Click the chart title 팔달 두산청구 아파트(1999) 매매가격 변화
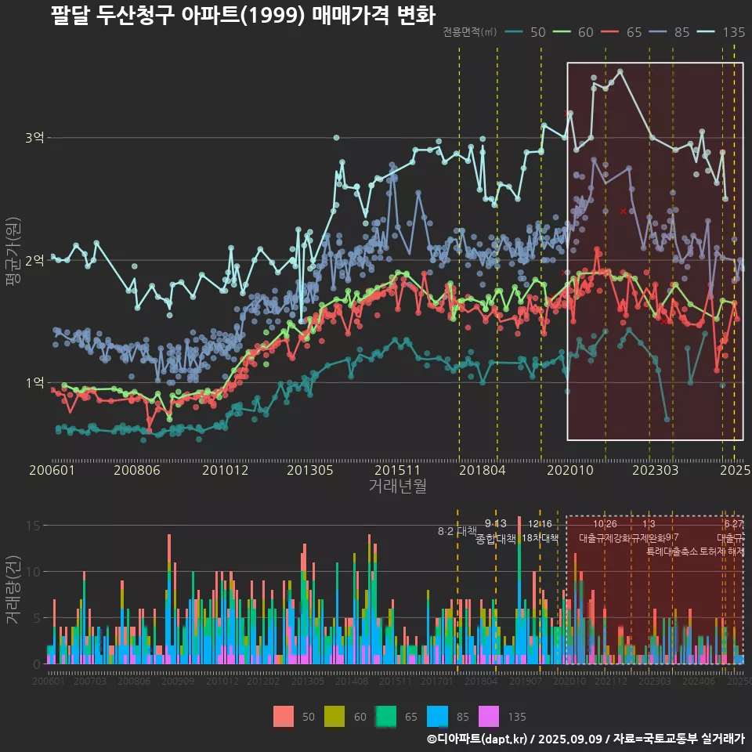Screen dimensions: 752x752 pyautogui.click(x=242, y=15)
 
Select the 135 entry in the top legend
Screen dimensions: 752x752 pyautogui.click(x=733, y=32)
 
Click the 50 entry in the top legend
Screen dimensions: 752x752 pyautogui.click(x=538, y=32)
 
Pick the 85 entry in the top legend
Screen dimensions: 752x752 pyautogui.click(x=681, y=32)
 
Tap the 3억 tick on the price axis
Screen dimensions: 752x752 pyautogui.click(x=34, y=138)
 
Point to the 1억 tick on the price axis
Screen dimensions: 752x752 pyautogui.click(x=34, y=383)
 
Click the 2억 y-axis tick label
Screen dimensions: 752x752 pyautogui.click(x=34, y=260)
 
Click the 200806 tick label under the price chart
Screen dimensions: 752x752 pyautogui.click(x=137, y=470)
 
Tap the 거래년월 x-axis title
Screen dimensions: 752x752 pyautogui.click(x=397, y=486)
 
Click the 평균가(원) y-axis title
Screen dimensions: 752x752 pyautogui.click(x=13, y=261)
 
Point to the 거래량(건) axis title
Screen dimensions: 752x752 pyautogui.click(x=13, y=590)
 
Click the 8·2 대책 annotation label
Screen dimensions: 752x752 pyautogui.click(x=457, y=531)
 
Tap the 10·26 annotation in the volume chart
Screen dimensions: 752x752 pyautogui.click(x=605, y=524)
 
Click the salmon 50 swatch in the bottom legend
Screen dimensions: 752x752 pyautogui.click(x=284, y=716)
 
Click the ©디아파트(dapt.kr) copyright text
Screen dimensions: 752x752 pyautogui.click(x=478, y=739)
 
